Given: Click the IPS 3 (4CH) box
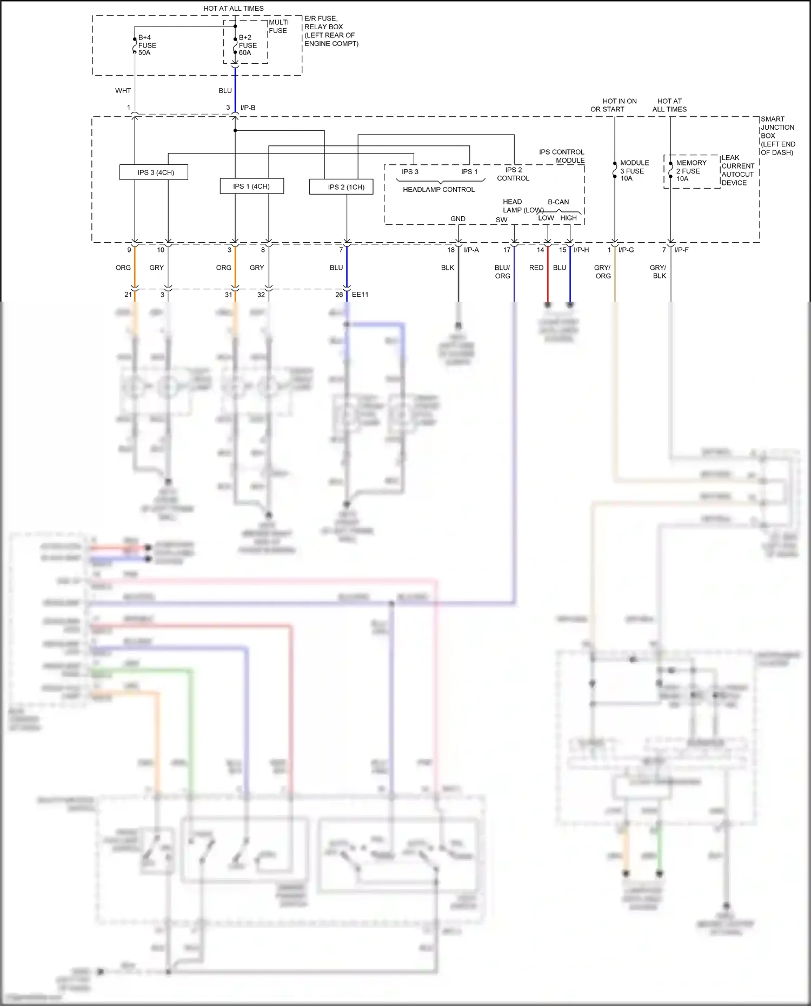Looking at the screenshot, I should click(154, 172).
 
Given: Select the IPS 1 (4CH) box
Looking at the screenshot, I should click(251, 186).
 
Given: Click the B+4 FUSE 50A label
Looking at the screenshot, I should click(147, 45).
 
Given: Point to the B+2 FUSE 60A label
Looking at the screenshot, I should click(248, 45).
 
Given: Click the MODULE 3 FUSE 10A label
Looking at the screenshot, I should click(634, 170).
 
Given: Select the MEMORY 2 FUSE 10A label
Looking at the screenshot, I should click(690, 170).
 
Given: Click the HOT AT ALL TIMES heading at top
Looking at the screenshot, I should click(234, 9).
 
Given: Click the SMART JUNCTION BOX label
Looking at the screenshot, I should click(777, 136).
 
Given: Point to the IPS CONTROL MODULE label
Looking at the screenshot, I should click(562, 156).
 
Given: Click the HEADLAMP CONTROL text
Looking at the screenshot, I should click(438, 190).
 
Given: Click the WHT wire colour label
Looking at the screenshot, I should click(123, 91).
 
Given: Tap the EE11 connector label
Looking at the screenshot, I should click(360, 295).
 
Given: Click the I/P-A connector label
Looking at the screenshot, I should click(471, 250).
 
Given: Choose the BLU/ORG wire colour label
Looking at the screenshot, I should click(502, 272).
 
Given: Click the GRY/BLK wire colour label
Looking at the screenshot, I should click(658, 272).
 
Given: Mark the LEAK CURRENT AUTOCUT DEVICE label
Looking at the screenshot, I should click(737, 170).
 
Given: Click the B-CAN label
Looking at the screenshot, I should click(558, 202).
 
